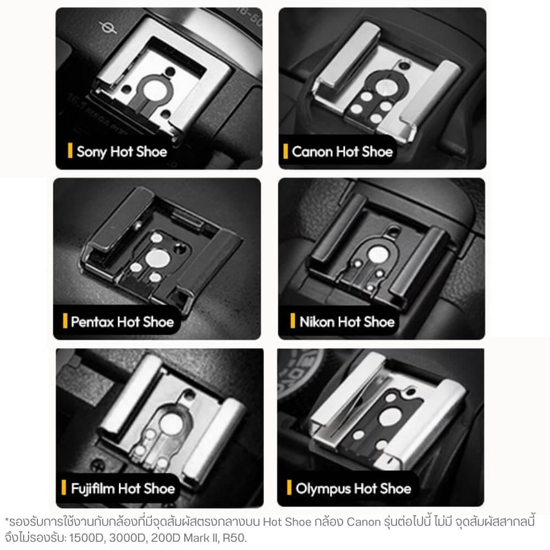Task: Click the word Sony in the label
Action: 91,152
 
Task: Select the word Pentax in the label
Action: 92,322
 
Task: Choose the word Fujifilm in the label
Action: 92,488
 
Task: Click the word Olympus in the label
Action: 323,489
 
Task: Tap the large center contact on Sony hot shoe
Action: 154,91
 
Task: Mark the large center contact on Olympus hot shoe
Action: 391,417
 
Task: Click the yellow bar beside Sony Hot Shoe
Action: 70,151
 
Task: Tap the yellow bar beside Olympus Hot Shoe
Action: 289,487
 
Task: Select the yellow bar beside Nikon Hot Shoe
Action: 293,321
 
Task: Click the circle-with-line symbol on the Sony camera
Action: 108,28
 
